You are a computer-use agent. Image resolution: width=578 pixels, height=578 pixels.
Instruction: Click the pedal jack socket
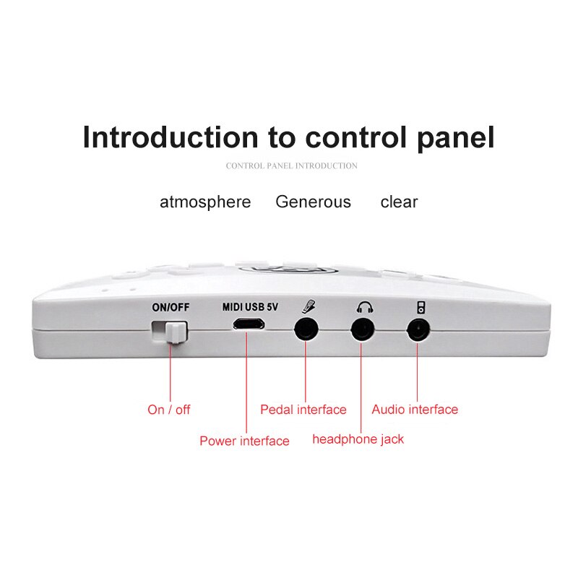click(307, 330)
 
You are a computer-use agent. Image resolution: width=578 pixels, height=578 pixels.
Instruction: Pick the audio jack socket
click(418, 331)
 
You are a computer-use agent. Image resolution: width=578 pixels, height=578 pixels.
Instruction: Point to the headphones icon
click(364, 306)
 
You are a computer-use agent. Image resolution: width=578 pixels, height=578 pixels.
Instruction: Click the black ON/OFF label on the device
click(171, 306)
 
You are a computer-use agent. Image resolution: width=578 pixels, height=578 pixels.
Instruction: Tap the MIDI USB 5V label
click(249, 306)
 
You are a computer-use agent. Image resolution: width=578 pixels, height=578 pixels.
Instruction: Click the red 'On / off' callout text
click(169, 410)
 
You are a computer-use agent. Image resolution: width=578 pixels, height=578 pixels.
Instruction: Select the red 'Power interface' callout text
click(244, 441)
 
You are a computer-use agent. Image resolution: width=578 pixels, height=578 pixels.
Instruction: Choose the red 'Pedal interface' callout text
click(303, 410)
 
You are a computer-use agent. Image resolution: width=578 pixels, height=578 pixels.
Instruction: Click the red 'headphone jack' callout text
click(358, 439)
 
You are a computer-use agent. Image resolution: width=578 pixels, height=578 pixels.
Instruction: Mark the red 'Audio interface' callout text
click(415, 410)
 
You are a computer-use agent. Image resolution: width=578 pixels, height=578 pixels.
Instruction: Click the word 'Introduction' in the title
click(170, 137)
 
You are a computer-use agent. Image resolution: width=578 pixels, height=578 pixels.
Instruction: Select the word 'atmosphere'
click(205, 202)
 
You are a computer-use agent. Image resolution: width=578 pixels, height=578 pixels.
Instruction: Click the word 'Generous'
click(313, 202)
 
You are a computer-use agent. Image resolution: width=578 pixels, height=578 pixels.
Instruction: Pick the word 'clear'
click(399, 202)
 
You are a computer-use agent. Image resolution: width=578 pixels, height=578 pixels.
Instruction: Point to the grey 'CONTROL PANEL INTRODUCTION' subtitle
click(291, 165)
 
